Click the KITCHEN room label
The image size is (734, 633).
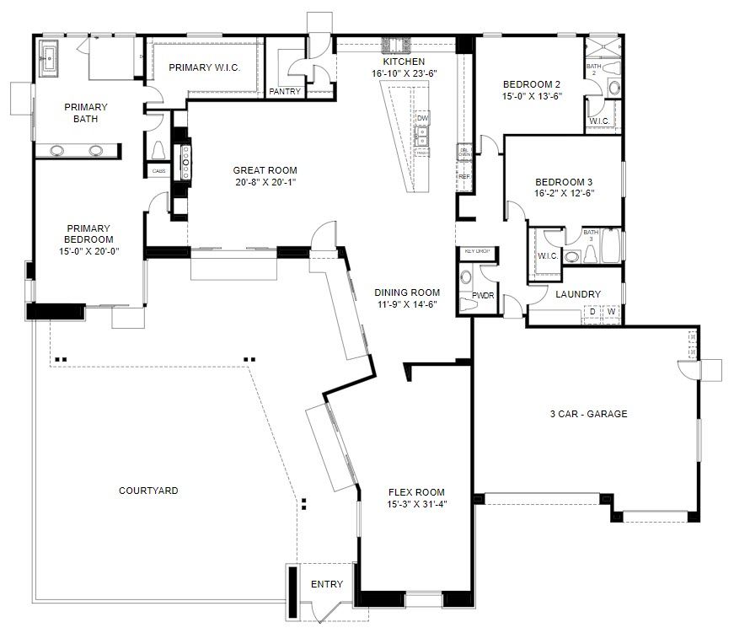coord(404,62)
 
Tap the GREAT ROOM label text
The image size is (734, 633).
coord(265,170)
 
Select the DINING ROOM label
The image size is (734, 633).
coord(407,292)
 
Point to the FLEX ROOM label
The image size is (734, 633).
coord(416,492)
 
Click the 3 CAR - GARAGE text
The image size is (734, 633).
coord(588,414)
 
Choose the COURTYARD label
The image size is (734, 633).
coord(148,491)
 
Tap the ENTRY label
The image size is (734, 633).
coord(327,584)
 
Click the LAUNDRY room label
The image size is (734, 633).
coord(578,294)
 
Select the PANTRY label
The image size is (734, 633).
coord(285,92)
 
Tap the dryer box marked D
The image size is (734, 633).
coord(592,313)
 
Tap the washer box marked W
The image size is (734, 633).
coord(611,313)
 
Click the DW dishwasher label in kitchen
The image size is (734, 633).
coord(422,119)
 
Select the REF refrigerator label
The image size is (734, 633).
coord(463,177)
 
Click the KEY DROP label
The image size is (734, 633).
coord(477,251)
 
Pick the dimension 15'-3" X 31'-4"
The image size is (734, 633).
coord(416,504)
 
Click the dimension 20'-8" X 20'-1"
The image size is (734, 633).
coord(265,181)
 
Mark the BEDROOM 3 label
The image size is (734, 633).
coord(564,182)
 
